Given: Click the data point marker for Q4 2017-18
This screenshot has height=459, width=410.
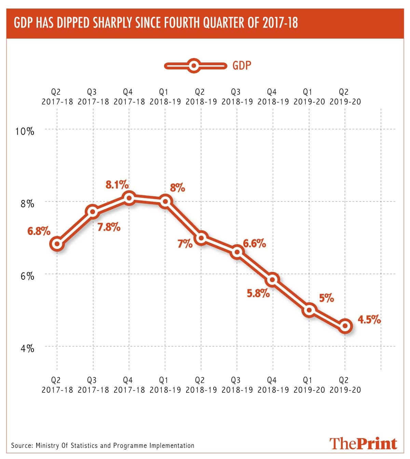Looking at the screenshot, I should click(129, 198).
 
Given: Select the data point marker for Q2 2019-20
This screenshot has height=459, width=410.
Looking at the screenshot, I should click(345, 326).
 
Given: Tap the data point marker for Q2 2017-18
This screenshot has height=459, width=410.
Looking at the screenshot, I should click(57, 244).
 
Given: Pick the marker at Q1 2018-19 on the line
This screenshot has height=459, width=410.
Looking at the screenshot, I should click(165, 201).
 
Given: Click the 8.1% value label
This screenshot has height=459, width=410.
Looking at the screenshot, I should click(117, 185).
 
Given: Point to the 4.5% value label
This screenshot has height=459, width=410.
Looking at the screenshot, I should click(369, 320).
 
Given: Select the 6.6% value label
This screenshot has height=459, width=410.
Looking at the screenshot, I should click(254, 244).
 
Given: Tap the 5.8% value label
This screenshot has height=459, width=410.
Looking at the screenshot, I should click(258, 293).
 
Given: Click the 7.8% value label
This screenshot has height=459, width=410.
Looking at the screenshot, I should click(109, 227).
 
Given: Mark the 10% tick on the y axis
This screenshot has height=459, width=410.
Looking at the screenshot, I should click(25, 131).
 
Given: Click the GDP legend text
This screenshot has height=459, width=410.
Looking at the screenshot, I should click(242, 66).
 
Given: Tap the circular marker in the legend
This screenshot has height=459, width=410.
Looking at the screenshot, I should click(194, 66).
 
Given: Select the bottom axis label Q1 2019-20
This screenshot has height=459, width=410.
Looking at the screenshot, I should click(309, 385).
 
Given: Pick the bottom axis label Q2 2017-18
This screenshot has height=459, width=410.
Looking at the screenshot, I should click(57, 385).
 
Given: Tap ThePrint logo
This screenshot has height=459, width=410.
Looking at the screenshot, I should click(363, 443).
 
